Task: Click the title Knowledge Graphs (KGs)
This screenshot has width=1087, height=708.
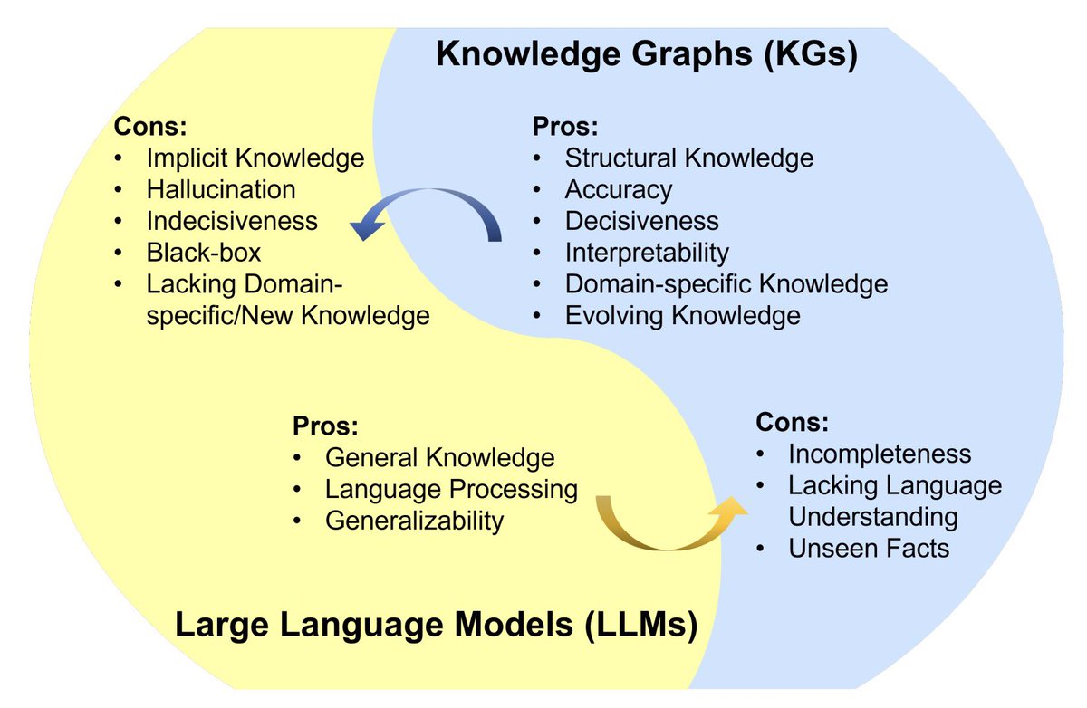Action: point(646,54)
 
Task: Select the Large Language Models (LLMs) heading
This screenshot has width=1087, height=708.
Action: point(436,625)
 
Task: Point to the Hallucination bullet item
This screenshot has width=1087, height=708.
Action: point(221,189)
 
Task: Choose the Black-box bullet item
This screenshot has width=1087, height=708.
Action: point(204,252)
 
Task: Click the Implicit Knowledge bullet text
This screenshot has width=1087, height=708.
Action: point(255,158)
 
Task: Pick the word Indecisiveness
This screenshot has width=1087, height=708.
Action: point(232,220)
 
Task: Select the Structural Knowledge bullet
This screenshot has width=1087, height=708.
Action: point(688,158)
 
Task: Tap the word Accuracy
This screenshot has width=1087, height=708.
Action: point(619,189)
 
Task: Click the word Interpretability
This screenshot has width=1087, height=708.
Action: point(647,252)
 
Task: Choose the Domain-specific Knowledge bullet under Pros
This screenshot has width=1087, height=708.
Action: point(726,283)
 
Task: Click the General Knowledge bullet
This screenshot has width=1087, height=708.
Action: point(439,457)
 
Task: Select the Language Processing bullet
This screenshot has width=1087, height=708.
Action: point(451,489)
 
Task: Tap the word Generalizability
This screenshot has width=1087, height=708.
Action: point(414,521)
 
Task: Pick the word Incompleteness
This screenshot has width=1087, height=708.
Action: point(879,454)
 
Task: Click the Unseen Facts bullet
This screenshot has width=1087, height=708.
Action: point(868,548)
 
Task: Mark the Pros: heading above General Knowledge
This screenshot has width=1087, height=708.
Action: point(325,426)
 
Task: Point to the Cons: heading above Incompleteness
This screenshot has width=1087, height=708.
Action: point(793,422)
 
